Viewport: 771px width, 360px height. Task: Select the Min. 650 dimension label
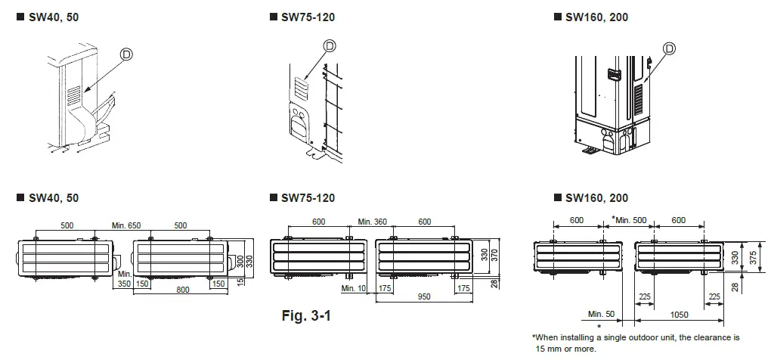click(125, 225)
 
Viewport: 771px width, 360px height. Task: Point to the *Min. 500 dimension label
click(629, 219)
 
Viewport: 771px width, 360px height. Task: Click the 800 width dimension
click(179, 290)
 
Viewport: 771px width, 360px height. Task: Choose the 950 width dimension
click(423, 296)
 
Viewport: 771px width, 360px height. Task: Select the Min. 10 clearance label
click(352, 288)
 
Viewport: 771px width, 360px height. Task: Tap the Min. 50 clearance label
click(599, 312)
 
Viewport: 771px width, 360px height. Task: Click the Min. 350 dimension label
click(124, 278)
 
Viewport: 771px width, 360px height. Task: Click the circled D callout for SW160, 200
click(668, 49)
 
